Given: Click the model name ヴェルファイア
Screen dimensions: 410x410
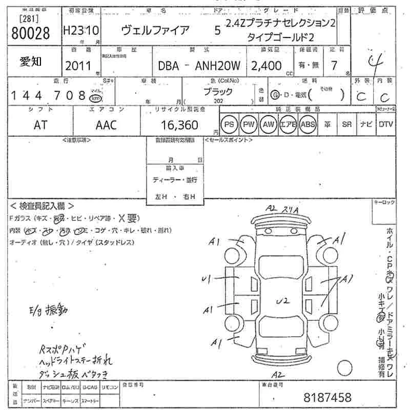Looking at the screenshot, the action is click(x=155, y=30).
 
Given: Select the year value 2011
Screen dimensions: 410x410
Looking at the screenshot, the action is click(x=78, y=66).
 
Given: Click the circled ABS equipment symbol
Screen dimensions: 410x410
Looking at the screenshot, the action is click(x=307, y=125).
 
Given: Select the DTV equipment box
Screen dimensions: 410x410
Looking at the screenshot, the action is click(x=386, y=125).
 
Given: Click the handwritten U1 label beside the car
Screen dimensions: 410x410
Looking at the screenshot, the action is click(x=207, y=279).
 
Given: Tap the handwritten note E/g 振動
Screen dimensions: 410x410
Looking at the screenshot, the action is click(x=49, y=310).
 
